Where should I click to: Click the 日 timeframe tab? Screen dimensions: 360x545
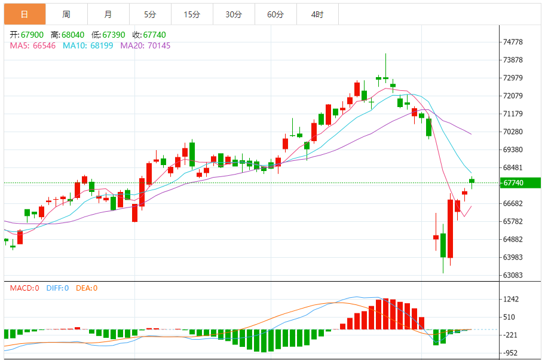pyautogui.click(x=24, y=14)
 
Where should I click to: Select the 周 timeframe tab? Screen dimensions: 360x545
pyautogui.click(x=66, y=14)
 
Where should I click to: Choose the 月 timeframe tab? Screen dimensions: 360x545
pyautogui.click(x=108, y=14)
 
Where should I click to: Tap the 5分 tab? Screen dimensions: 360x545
pyautogui.click(x=149, y=14)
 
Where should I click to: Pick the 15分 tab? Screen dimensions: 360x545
pyautogui.click(x=192, y=14)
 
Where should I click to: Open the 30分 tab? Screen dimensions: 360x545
pyautogui.click(x=234, y=14)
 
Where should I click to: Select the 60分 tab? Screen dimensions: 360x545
pyautogui.click(x=275, y=14)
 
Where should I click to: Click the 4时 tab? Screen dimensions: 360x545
pyautogui.click(x=317, y=14)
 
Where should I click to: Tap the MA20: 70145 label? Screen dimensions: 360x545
pyautogui.click(x=145, y=45)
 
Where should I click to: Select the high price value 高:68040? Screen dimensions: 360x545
pyautogui.click(x=68, y=35)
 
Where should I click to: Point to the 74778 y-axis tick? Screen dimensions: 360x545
pyautogui.click(x=513, y=42)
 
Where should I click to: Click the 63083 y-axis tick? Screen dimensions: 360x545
pyautogui.click(x=513, y=276)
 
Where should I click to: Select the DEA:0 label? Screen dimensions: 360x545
pyautogui.click(x=86, y=288)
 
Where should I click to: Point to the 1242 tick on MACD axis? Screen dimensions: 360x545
pyautogui.click(x=511, y=299)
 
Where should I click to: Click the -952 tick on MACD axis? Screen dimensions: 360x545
pyautogui.click(x=511, y=353)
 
